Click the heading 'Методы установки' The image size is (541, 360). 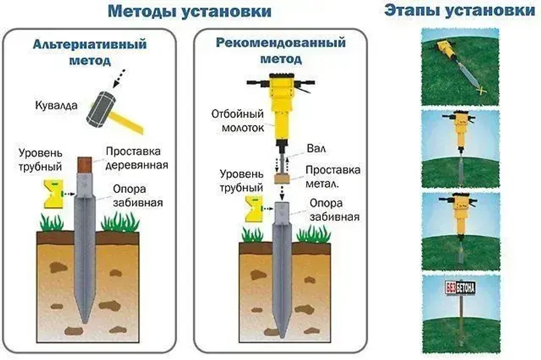point(189,11)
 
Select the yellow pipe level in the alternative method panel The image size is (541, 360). point(53,194)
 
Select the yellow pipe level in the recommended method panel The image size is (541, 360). point(253,208)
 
